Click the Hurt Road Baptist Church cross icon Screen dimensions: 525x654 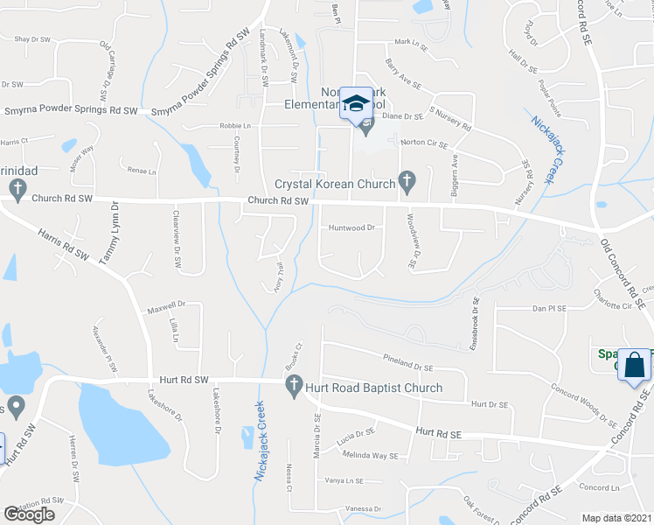(x=294, y=385)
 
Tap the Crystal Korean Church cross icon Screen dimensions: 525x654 (x=406, y=182)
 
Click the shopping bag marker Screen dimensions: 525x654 (x=634, y=366)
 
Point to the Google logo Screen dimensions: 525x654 (x=29, y=514)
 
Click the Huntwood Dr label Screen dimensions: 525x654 (x=351, y=227)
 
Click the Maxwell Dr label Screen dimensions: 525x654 (x=166, y=306)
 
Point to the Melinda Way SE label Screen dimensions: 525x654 (x=370, y=456)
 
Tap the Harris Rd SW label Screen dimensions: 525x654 (x=63, y=243)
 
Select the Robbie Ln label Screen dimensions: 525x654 (x=234, y=126)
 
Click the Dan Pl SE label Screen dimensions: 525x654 (x=551, y=309)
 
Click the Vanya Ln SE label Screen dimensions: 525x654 (x=344, y=480)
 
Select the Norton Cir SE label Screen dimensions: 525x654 (x=424, y=143)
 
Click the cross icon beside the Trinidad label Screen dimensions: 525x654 (x=16, y=187)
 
